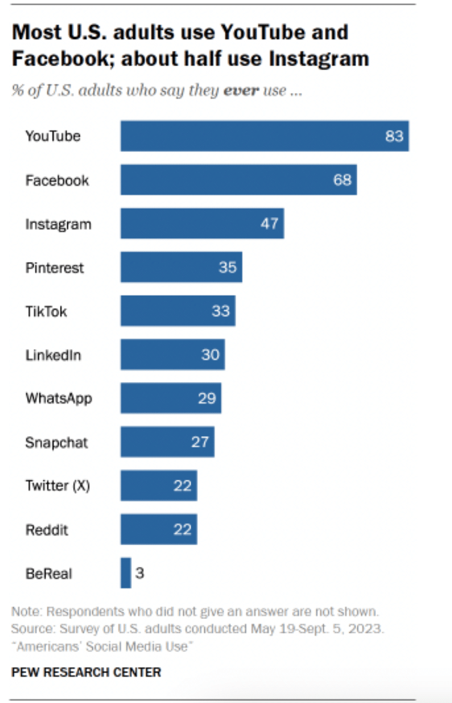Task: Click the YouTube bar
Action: coord(264,136)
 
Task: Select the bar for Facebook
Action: coord(238,180)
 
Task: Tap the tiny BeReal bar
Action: coord(126,573)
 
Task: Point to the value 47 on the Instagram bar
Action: coord(269,224)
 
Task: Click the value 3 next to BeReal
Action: coord(139,573)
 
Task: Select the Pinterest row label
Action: coord(55,268)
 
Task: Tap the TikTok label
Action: coord(46,311)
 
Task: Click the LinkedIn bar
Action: coord(173,354)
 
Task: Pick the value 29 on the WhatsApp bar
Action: coord(206,398)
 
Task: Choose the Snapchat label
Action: coord(56,443)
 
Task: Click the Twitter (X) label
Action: coord(58,486)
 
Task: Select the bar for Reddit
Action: coord(158,530)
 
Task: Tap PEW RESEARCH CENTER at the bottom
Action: coord(86,672)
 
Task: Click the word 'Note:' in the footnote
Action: coord(26,612)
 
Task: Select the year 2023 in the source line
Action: coord(369,629)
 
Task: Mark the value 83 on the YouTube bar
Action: coord(394,136)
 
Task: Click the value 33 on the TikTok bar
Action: coord(221,311)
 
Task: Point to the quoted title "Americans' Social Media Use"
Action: coord(103,646)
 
